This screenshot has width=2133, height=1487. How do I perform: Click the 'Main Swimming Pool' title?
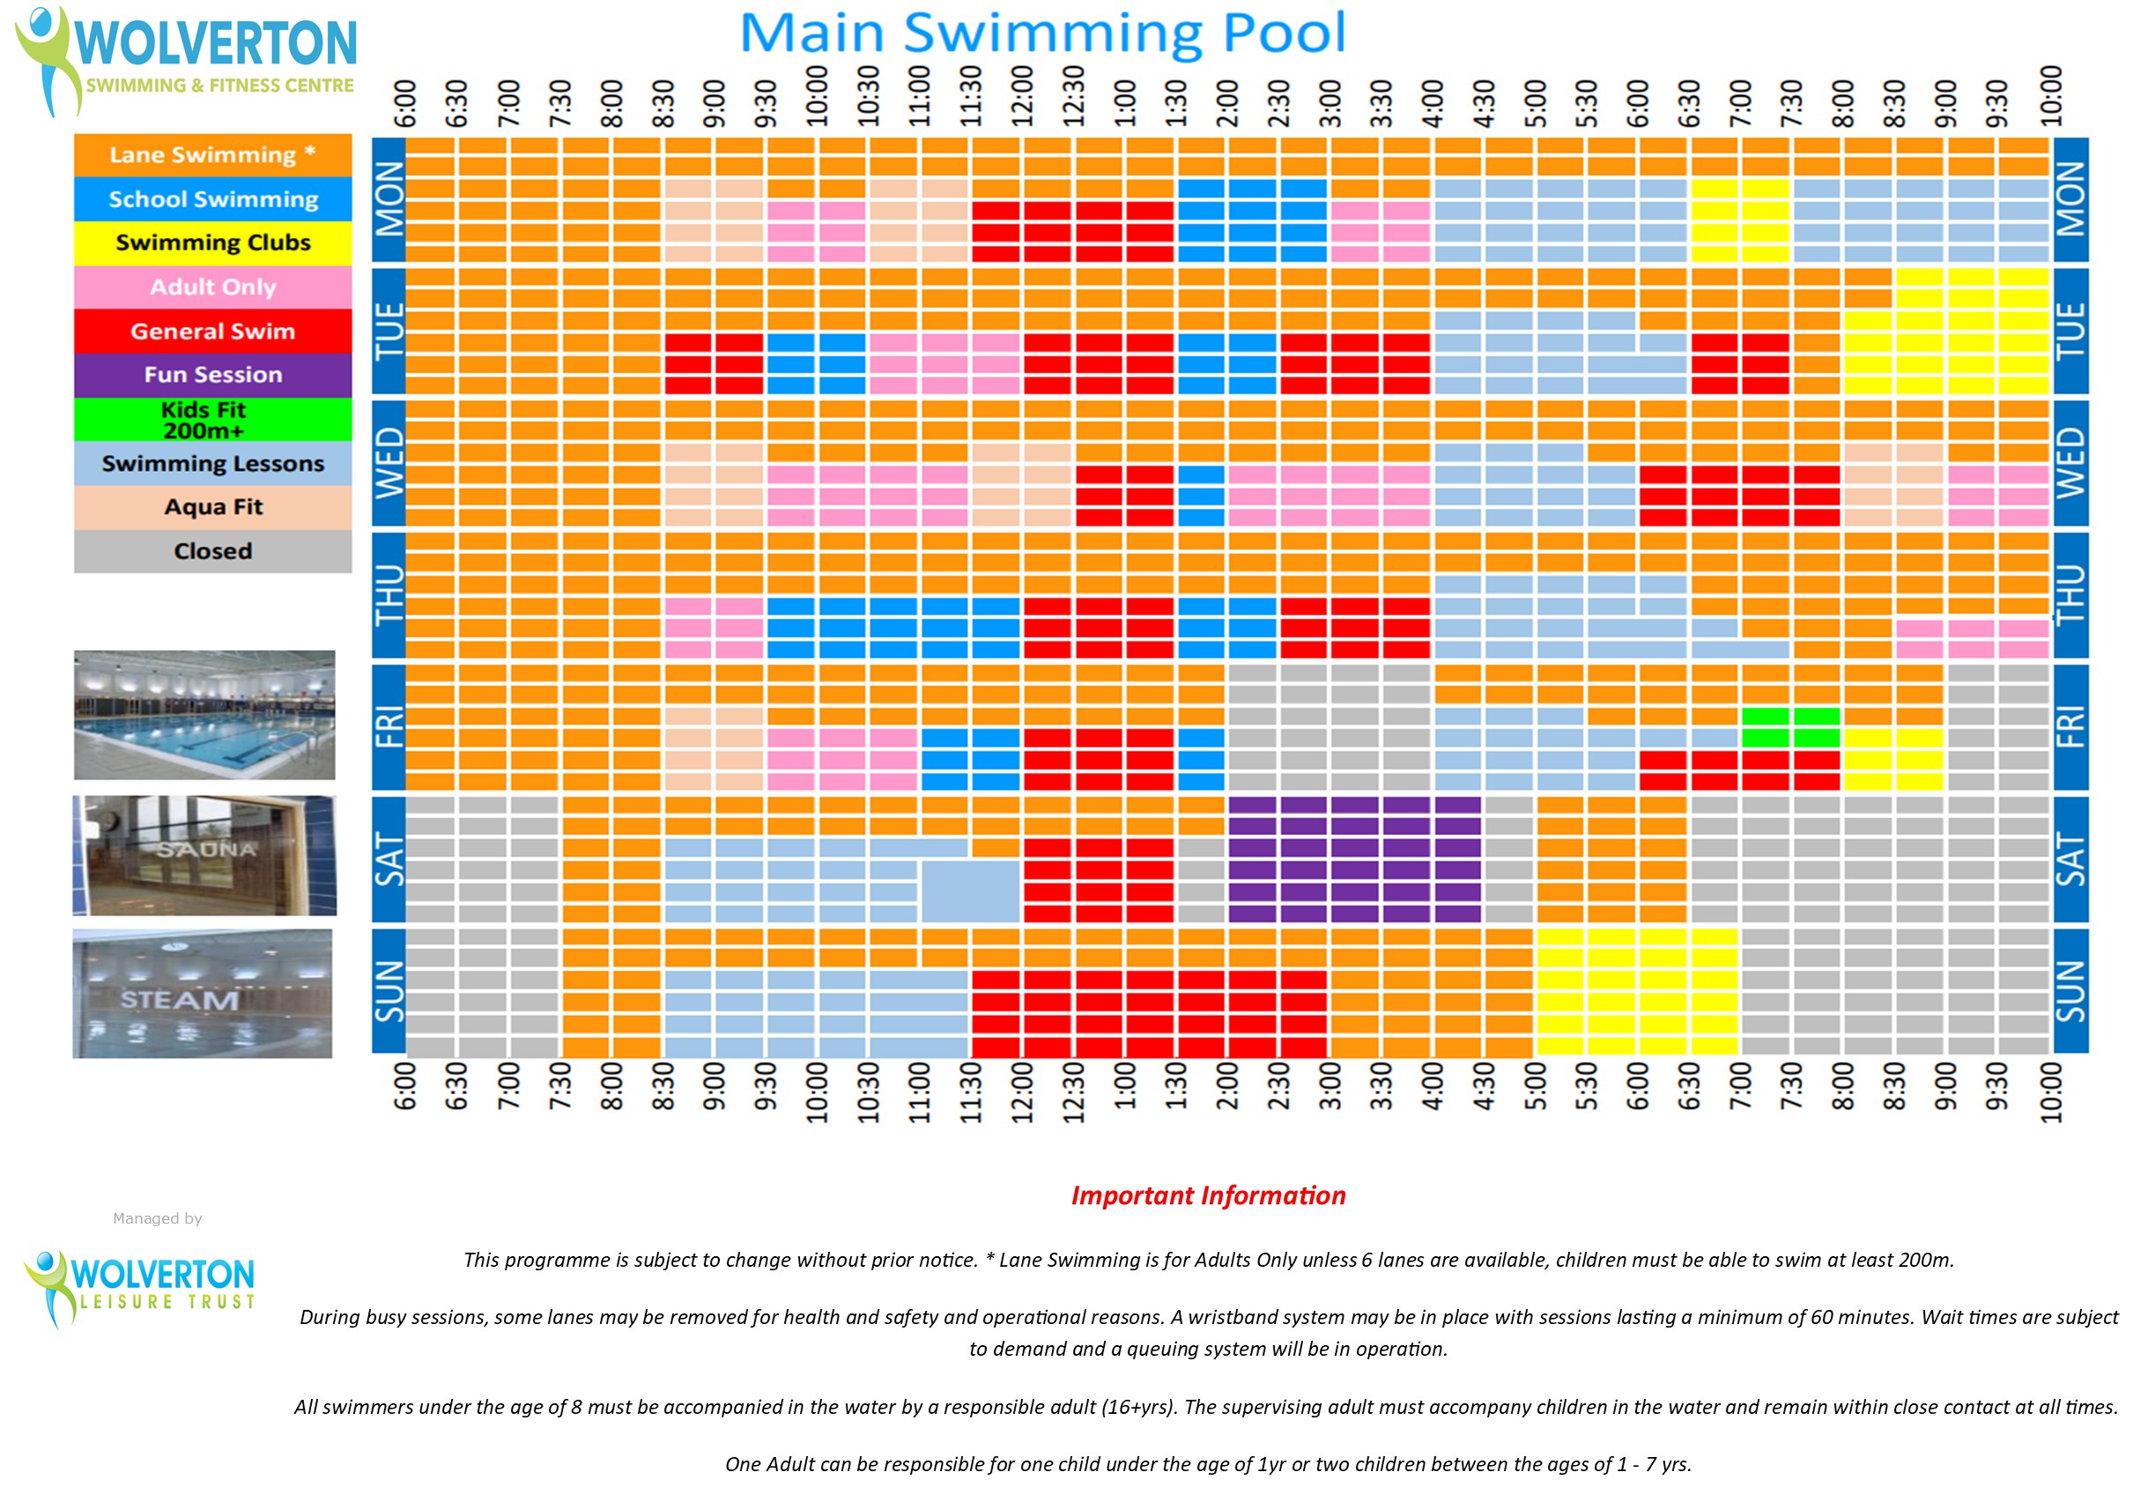click(1041, 33)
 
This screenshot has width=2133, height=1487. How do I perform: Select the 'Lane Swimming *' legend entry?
click(212, 155)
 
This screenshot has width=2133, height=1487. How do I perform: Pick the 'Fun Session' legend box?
click(212, 374)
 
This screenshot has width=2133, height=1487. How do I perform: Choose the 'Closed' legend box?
click(212, 551)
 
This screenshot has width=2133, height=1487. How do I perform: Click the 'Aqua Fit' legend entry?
click(212, 507)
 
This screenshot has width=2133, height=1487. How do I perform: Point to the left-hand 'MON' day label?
click(389, 199)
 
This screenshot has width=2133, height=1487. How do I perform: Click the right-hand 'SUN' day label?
click(2070, 990)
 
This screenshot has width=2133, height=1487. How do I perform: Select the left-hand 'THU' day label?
click(389, 595)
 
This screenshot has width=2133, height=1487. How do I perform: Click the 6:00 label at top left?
click(405, 102)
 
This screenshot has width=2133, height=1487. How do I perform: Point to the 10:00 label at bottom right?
click(2050, 1092)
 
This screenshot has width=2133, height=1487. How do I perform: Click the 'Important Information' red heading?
click(1208, 1195)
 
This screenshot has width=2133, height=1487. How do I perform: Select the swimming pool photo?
click(204, 714)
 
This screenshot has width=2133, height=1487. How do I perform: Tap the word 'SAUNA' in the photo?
click(205, 849)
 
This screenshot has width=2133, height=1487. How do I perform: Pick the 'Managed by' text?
click(157, 1218)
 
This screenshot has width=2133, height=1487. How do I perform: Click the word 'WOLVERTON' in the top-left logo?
click(216, 42)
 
